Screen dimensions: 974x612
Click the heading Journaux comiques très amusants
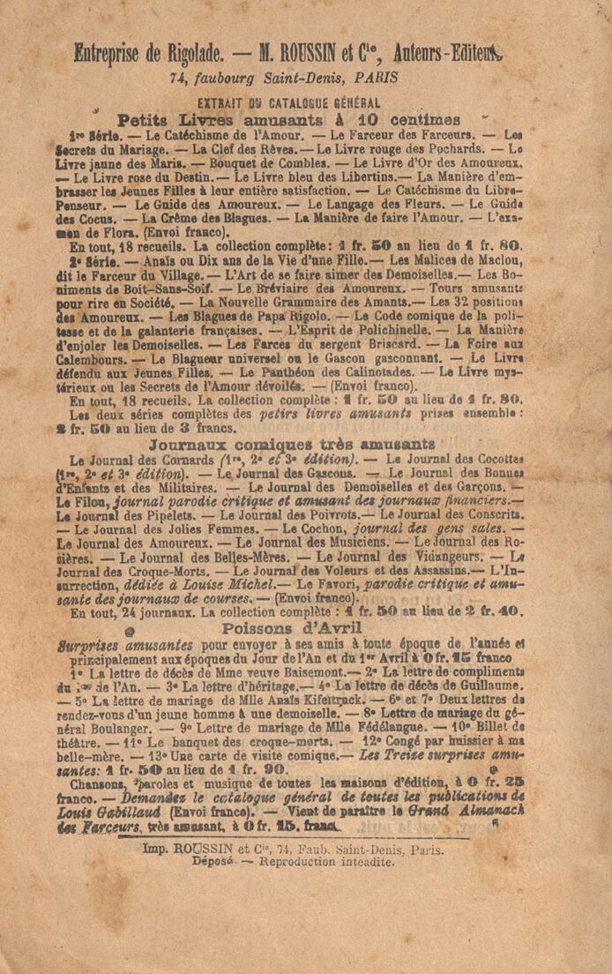point(292,443)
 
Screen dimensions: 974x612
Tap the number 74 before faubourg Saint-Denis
point(179,79)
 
